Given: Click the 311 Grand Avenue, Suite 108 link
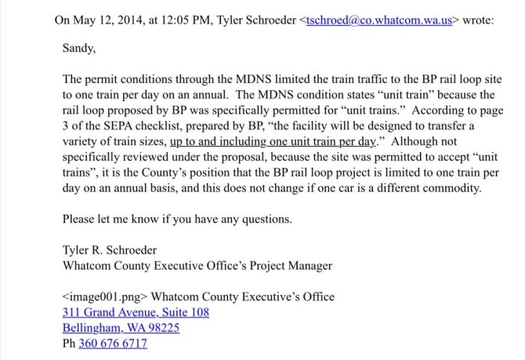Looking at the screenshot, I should [x=136, y=312].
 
